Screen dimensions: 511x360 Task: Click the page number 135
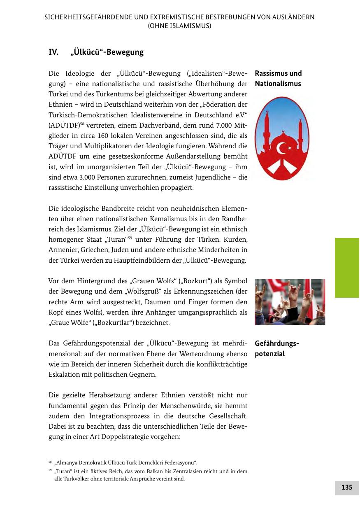tap(346, 488)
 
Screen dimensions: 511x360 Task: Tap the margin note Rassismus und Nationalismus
tap(278, 79)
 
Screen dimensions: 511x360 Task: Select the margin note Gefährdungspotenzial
tap(276, 349)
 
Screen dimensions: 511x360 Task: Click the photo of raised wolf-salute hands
tap(290, 302)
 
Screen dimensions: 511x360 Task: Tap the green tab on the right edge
tap(347, 267)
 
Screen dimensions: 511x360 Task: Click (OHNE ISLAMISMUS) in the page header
tap(180, 26)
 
